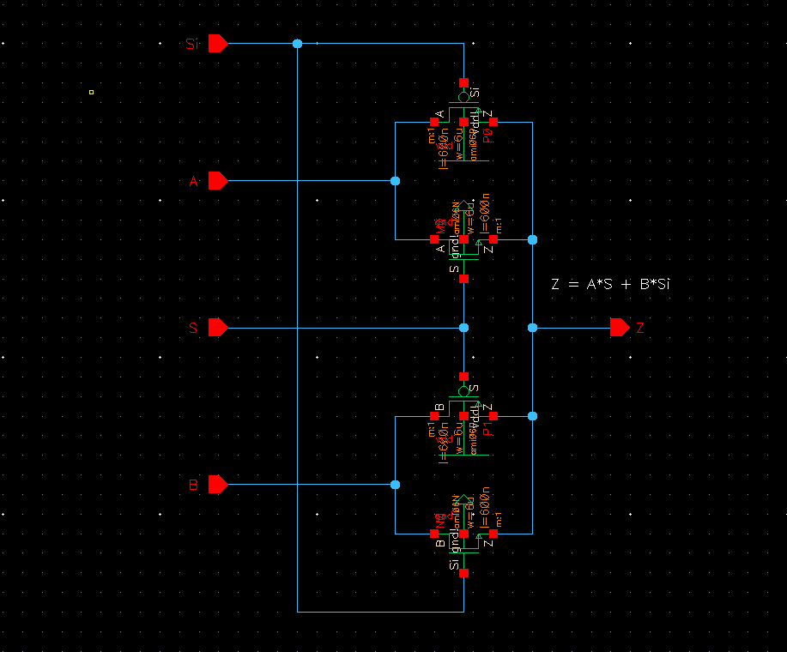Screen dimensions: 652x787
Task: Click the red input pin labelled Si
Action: [217, 44]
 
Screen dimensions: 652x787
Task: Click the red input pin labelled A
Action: [217, 181]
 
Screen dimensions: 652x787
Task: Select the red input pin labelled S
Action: [217, 328]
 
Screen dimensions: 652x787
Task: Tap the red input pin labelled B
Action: [217, 485]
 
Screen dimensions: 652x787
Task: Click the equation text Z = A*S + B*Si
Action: [609, 284]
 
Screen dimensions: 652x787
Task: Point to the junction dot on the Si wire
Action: [298, 44]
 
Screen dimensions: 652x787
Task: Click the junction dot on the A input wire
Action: [395, 181]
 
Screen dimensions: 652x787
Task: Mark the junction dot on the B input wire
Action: [395, 485]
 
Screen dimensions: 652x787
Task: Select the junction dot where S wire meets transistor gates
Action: [463, 328]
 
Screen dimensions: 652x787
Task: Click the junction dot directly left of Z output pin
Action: [532, 328]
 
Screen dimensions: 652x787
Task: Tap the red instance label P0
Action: [487, 136]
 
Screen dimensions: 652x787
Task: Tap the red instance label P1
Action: [487, 430]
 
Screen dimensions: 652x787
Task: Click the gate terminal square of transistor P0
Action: [463, 82]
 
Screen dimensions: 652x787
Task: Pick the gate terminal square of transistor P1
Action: [463, 377]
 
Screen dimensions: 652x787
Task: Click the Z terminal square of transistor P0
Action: [493, 122]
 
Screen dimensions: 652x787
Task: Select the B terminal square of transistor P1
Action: [434, 416]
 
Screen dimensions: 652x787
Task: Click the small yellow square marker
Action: [91, 92]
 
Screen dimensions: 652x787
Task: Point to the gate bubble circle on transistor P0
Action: [463, 97]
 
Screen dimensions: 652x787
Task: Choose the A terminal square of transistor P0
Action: [434, 122]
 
